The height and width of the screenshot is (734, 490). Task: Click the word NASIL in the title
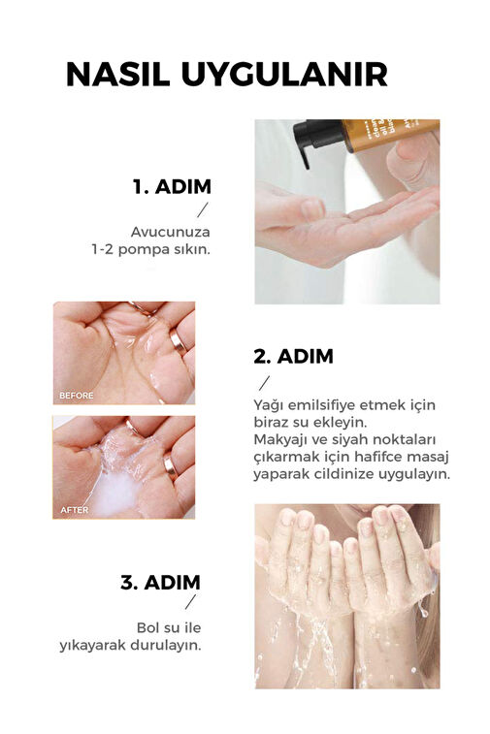117,74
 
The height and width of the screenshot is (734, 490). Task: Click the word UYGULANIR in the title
284,74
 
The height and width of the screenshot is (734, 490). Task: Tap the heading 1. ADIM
172,186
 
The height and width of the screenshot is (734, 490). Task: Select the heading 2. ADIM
293,356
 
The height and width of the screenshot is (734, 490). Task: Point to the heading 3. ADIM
161,583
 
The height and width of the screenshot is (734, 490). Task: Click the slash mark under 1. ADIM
203,209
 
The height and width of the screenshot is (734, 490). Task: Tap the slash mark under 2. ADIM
265,383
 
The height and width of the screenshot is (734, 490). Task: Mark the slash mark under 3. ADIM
190,602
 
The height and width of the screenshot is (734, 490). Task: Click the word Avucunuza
171,232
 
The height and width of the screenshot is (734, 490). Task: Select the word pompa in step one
144,249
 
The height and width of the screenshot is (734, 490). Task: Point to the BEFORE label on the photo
77,396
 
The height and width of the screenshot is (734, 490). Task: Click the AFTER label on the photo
74,510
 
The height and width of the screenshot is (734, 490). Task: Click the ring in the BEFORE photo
178,340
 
